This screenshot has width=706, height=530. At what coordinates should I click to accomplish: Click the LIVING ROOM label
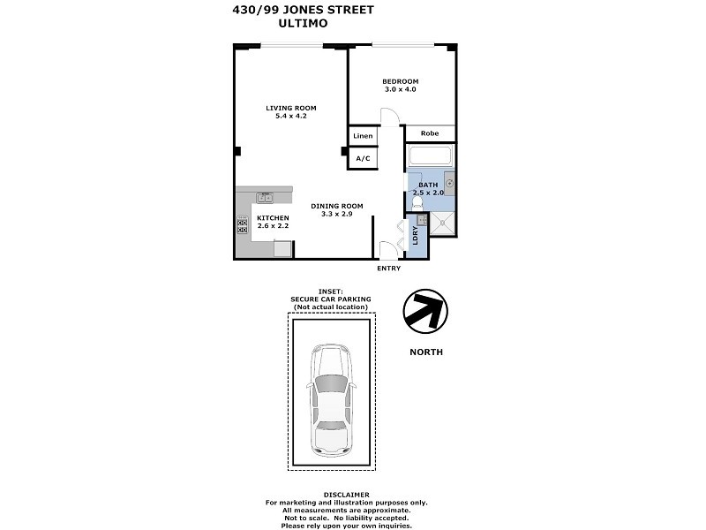pos(291,108)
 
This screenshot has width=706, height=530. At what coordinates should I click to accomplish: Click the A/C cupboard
pos(363,158)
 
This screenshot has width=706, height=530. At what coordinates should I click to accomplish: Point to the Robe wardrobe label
pos(430,133)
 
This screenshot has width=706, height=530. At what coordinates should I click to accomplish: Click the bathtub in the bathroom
pos(431,158)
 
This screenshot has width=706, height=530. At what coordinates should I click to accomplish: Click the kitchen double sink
pos(265,198)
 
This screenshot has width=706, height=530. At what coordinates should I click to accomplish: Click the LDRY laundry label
pos(416,236)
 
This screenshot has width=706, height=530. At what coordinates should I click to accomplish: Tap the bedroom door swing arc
pos(389,117)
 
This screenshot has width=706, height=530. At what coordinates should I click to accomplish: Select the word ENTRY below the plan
pos(388,269)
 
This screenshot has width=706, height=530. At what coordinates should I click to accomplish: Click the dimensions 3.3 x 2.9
pos(336,214)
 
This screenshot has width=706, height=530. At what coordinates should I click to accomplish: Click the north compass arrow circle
pos(425,311)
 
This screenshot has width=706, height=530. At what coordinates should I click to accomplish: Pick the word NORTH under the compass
pos(426,352)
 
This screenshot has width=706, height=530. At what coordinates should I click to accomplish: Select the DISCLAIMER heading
pos(346,495)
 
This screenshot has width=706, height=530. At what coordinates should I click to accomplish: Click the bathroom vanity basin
pos(449,184)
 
